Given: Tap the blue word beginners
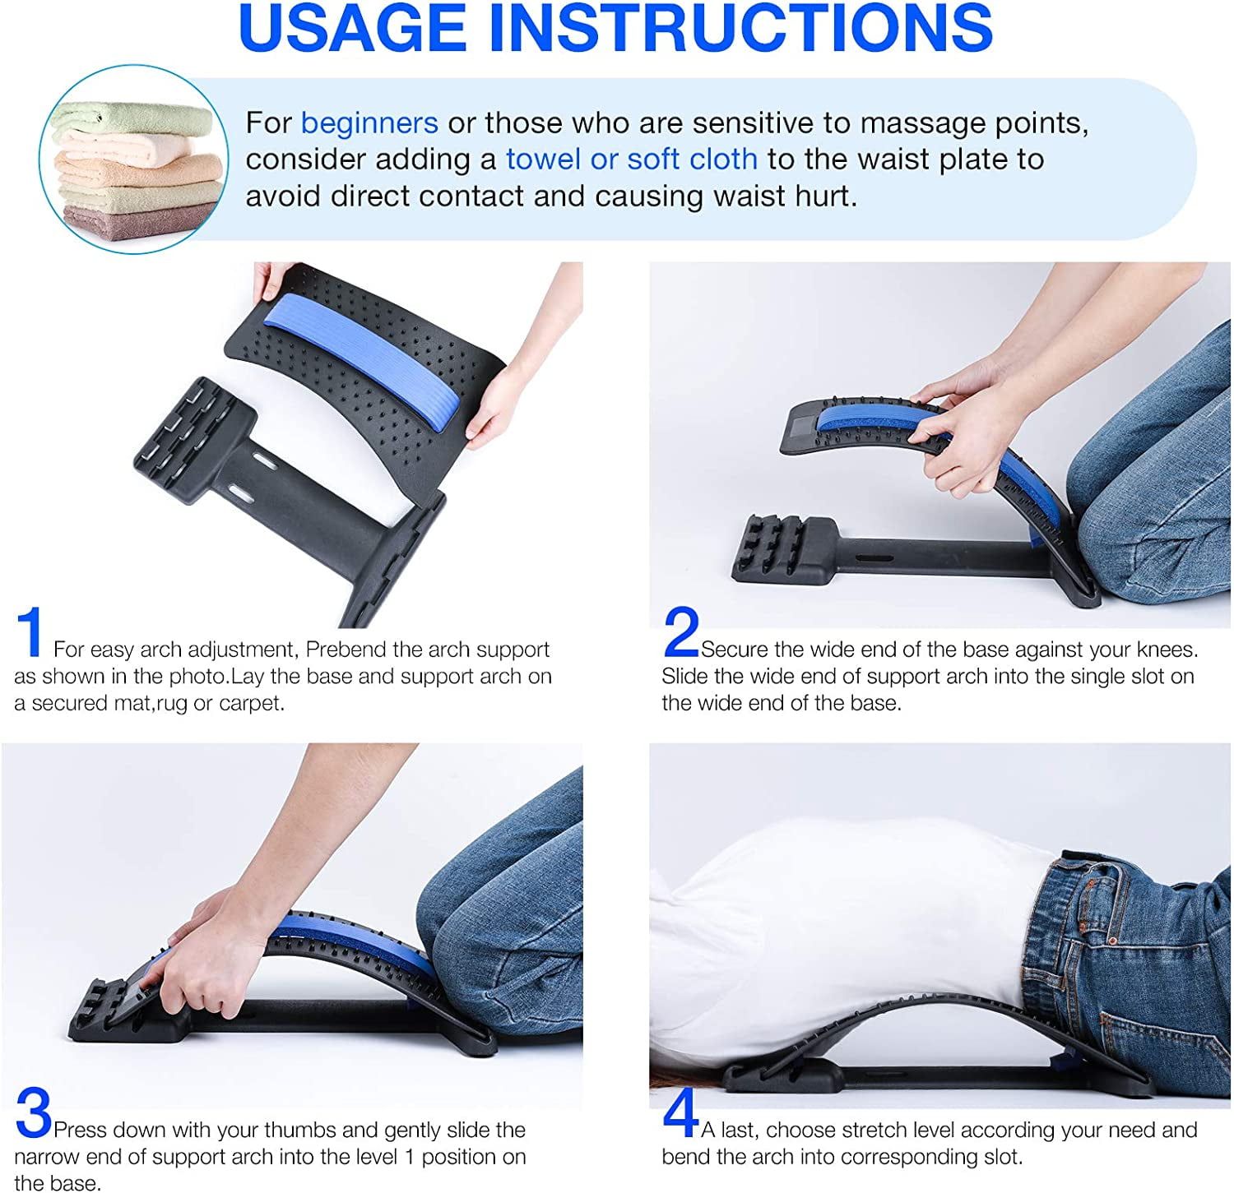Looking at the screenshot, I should (369, 123).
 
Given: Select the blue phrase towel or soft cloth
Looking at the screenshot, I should (631, 160).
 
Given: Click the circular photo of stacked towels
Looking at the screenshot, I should (134, 160).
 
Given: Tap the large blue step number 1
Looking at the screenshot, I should (30, 632).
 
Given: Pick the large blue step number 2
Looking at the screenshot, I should (680, 632).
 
